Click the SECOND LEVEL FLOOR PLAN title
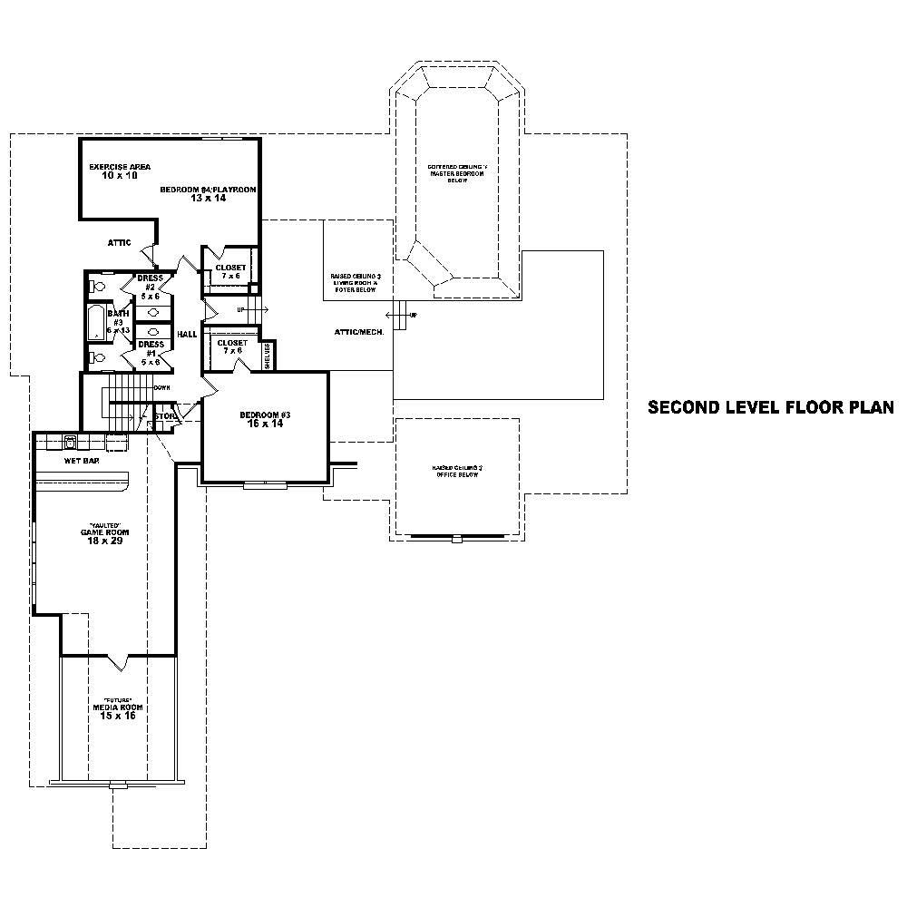(x=770, y=408)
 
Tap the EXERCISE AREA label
(x=120, y=167)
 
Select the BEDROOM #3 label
(x=265, y=415)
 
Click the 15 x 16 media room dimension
(x=118, y=716)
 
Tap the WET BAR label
(x=82, y=461)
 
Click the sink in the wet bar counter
(x=69, y=443)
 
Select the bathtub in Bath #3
(x=97, y=323)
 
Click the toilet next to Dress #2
(x=98, y=287)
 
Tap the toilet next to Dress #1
(x=98, y=358)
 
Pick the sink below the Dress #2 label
(x=153, y=312)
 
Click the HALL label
(x=187, y=334)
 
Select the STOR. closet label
(x=165, y=417)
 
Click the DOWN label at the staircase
(x=162, y=387)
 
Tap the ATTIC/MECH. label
(x=359, y=332)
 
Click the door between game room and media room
(x=119, y=657)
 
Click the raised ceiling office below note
(x=456, y=472)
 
